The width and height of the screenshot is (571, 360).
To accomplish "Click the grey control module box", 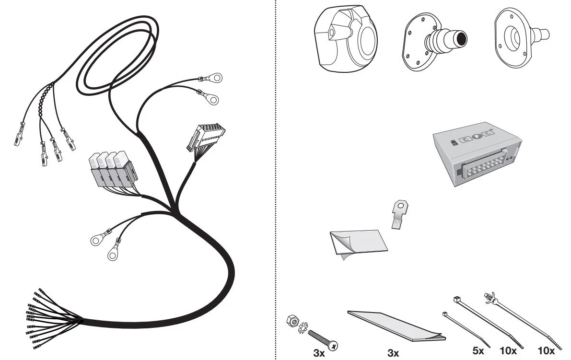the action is [477, 153].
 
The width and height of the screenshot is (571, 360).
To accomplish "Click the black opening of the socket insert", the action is [461, 38].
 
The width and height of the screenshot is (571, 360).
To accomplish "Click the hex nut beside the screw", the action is [293, 321].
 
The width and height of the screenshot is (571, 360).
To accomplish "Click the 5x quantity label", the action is [478, 350].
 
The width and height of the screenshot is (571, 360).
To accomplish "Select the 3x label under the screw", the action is [319, 353].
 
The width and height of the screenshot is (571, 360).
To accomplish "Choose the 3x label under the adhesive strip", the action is [393, 353].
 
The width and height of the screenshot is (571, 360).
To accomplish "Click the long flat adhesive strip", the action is [396, 326].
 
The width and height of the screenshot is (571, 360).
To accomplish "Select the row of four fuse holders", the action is [113, 170].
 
